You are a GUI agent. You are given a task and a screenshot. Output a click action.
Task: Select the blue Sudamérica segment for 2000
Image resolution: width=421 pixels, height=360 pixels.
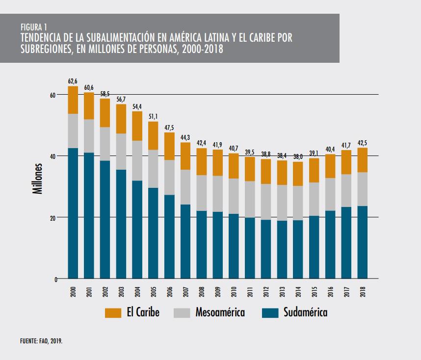tap(73, 213)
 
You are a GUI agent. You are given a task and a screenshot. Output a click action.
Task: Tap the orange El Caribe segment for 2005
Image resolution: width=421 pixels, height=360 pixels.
tap(154, 135)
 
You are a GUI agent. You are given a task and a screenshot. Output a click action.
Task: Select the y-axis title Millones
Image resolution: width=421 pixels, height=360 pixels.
tap(38, 180)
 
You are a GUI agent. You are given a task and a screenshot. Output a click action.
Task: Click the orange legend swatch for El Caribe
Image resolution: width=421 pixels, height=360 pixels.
tap(113, 313)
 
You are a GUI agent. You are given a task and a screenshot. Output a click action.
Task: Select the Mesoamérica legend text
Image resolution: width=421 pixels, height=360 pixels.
tap(220, 313)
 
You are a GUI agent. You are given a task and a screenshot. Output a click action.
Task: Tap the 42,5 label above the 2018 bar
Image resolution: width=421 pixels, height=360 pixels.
tap(363, 143)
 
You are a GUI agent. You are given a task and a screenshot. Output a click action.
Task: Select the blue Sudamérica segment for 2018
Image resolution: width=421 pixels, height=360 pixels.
tap(363, 242)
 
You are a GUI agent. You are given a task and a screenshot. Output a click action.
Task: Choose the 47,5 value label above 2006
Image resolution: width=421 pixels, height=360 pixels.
tap(170, 128)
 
